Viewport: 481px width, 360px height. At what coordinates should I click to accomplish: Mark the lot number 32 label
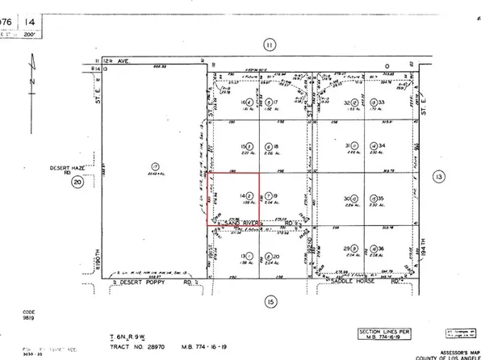click(348, 103)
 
